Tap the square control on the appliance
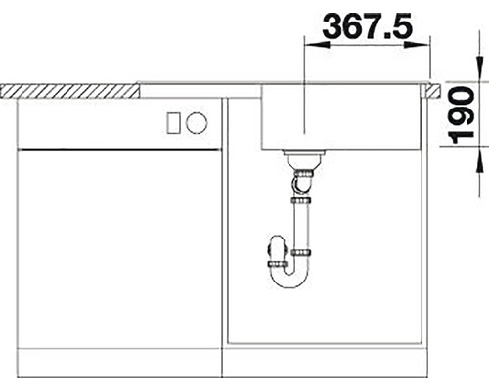point(175,123)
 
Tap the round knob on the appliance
point(197,123)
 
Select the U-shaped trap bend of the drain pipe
point(289,280)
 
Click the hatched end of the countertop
point(68,90)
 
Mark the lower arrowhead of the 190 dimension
point(480,156)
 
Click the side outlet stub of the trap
point(272,262)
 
